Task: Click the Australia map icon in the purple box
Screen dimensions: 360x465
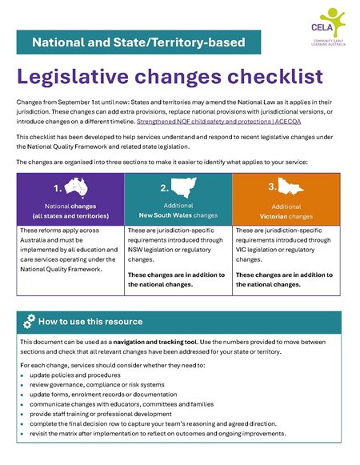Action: pyautogui.click(x=78, y=188)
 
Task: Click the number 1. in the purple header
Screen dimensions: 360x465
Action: pyautogui.click(x=58, y=189)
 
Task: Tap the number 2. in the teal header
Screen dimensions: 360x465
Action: pyautogui.click(x=164, y=189)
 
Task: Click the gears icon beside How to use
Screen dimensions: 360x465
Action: pyautogui.click(x=29, y=322)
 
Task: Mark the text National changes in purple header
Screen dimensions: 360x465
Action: pyautogui.click(x=70, y=206)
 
